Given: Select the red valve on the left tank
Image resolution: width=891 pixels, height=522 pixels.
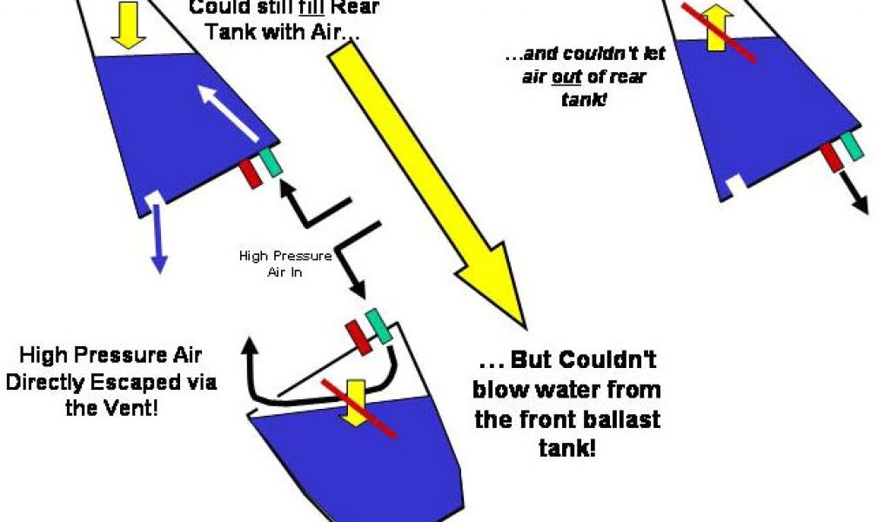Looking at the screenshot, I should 251,172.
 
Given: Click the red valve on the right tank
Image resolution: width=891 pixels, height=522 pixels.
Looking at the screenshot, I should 830,157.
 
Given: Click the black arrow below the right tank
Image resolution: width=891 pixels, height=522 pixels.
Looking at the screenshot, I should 855,192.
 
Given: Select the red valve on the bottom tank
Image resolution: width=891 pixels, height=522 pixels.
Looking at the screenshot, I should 358,337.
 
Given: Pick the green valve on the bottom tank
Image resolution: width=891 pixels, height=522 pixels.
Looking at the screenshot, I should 379,326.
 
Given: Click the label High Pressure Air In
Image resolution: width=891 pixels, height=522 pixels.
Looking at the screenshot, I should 285,263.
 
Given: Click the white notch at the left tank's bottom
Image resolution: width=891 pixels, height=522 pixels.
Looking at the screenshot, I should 153,198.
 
